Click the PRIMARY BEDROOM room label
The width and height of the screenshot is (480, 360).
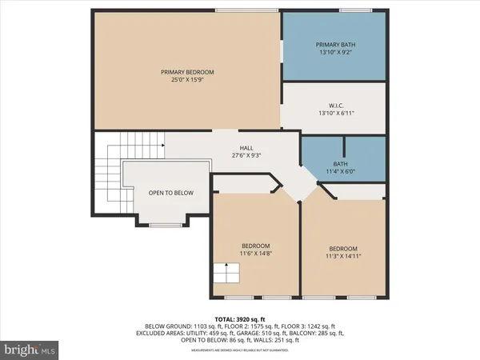click(187, 72)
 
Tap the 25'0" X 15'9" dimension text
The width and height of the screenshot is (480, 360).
click(187, 81)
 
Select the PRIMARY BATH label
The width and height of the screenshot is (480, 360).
click(335, 44)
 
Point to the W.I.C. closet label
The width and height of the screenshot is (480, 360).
click(335, 104)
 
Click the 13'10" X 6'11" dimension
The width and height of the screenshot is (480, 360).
click(335, 113)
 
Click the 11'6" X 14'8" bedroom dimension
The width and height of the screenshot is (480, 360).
click(256, 254)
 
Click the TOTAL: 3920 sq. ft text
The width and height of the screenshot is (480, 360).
click(240, 318)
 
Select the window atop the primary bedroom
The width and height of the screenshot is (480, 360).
click(246, 10)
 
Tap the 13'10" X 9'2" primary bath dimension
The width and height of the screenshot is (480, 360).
click(335, 53)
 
